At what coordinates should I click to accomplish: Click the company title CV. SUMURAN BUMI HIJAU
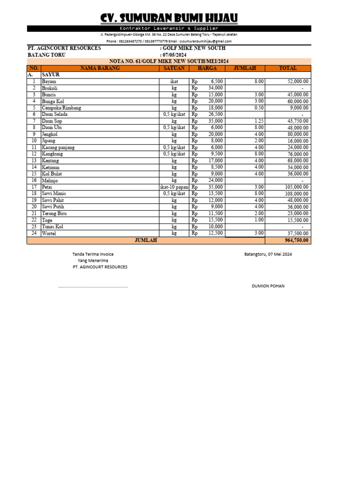169,18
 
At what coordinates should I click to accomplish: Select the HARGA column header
207,68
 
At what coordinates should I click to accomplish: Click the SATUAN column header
173,68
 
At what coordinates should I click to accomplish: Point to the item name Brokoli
50,88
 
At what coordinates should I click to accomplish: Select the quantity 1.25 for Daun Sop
259,121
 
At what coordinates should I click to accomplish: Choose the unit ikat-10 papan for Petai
173,187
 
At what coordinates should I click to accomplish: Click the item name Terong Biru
54,214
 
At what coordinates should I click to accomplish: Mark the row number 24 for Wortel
34,233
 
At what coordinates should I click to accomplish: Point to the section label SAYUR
51,75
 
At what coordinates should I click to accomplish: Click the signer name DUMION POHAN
268,286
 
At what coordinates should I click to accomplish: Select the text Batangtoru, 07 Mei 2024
268,254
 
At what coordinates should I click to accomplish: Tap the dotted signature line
93,287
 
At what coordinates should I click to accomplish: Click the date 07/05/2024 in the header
175,55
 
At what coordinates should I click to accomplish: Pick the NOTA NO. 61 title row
169,61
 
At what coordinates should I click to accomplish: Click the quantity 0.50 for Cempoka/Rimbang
259,108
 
